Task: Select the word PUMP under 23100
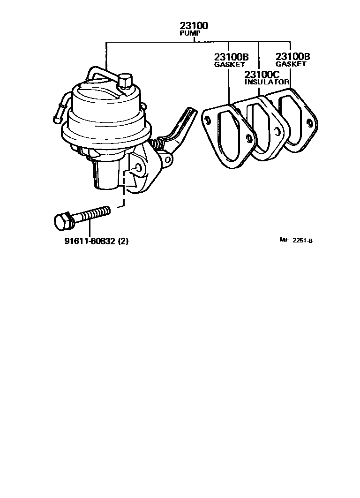189,34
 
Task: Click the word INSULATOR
267,82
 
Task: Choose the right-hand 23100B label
293,57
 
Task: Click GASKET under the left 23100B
229,64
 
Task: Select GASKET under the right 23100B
291,64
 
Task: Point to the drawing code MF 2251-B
296,241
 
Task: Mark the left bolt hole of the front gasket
207,119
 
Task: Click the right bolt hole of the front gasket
248,138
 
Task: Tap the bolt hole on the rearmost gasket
309,123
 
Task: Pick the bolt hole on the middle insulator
278,132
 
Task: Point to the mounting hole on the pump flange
138,168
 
